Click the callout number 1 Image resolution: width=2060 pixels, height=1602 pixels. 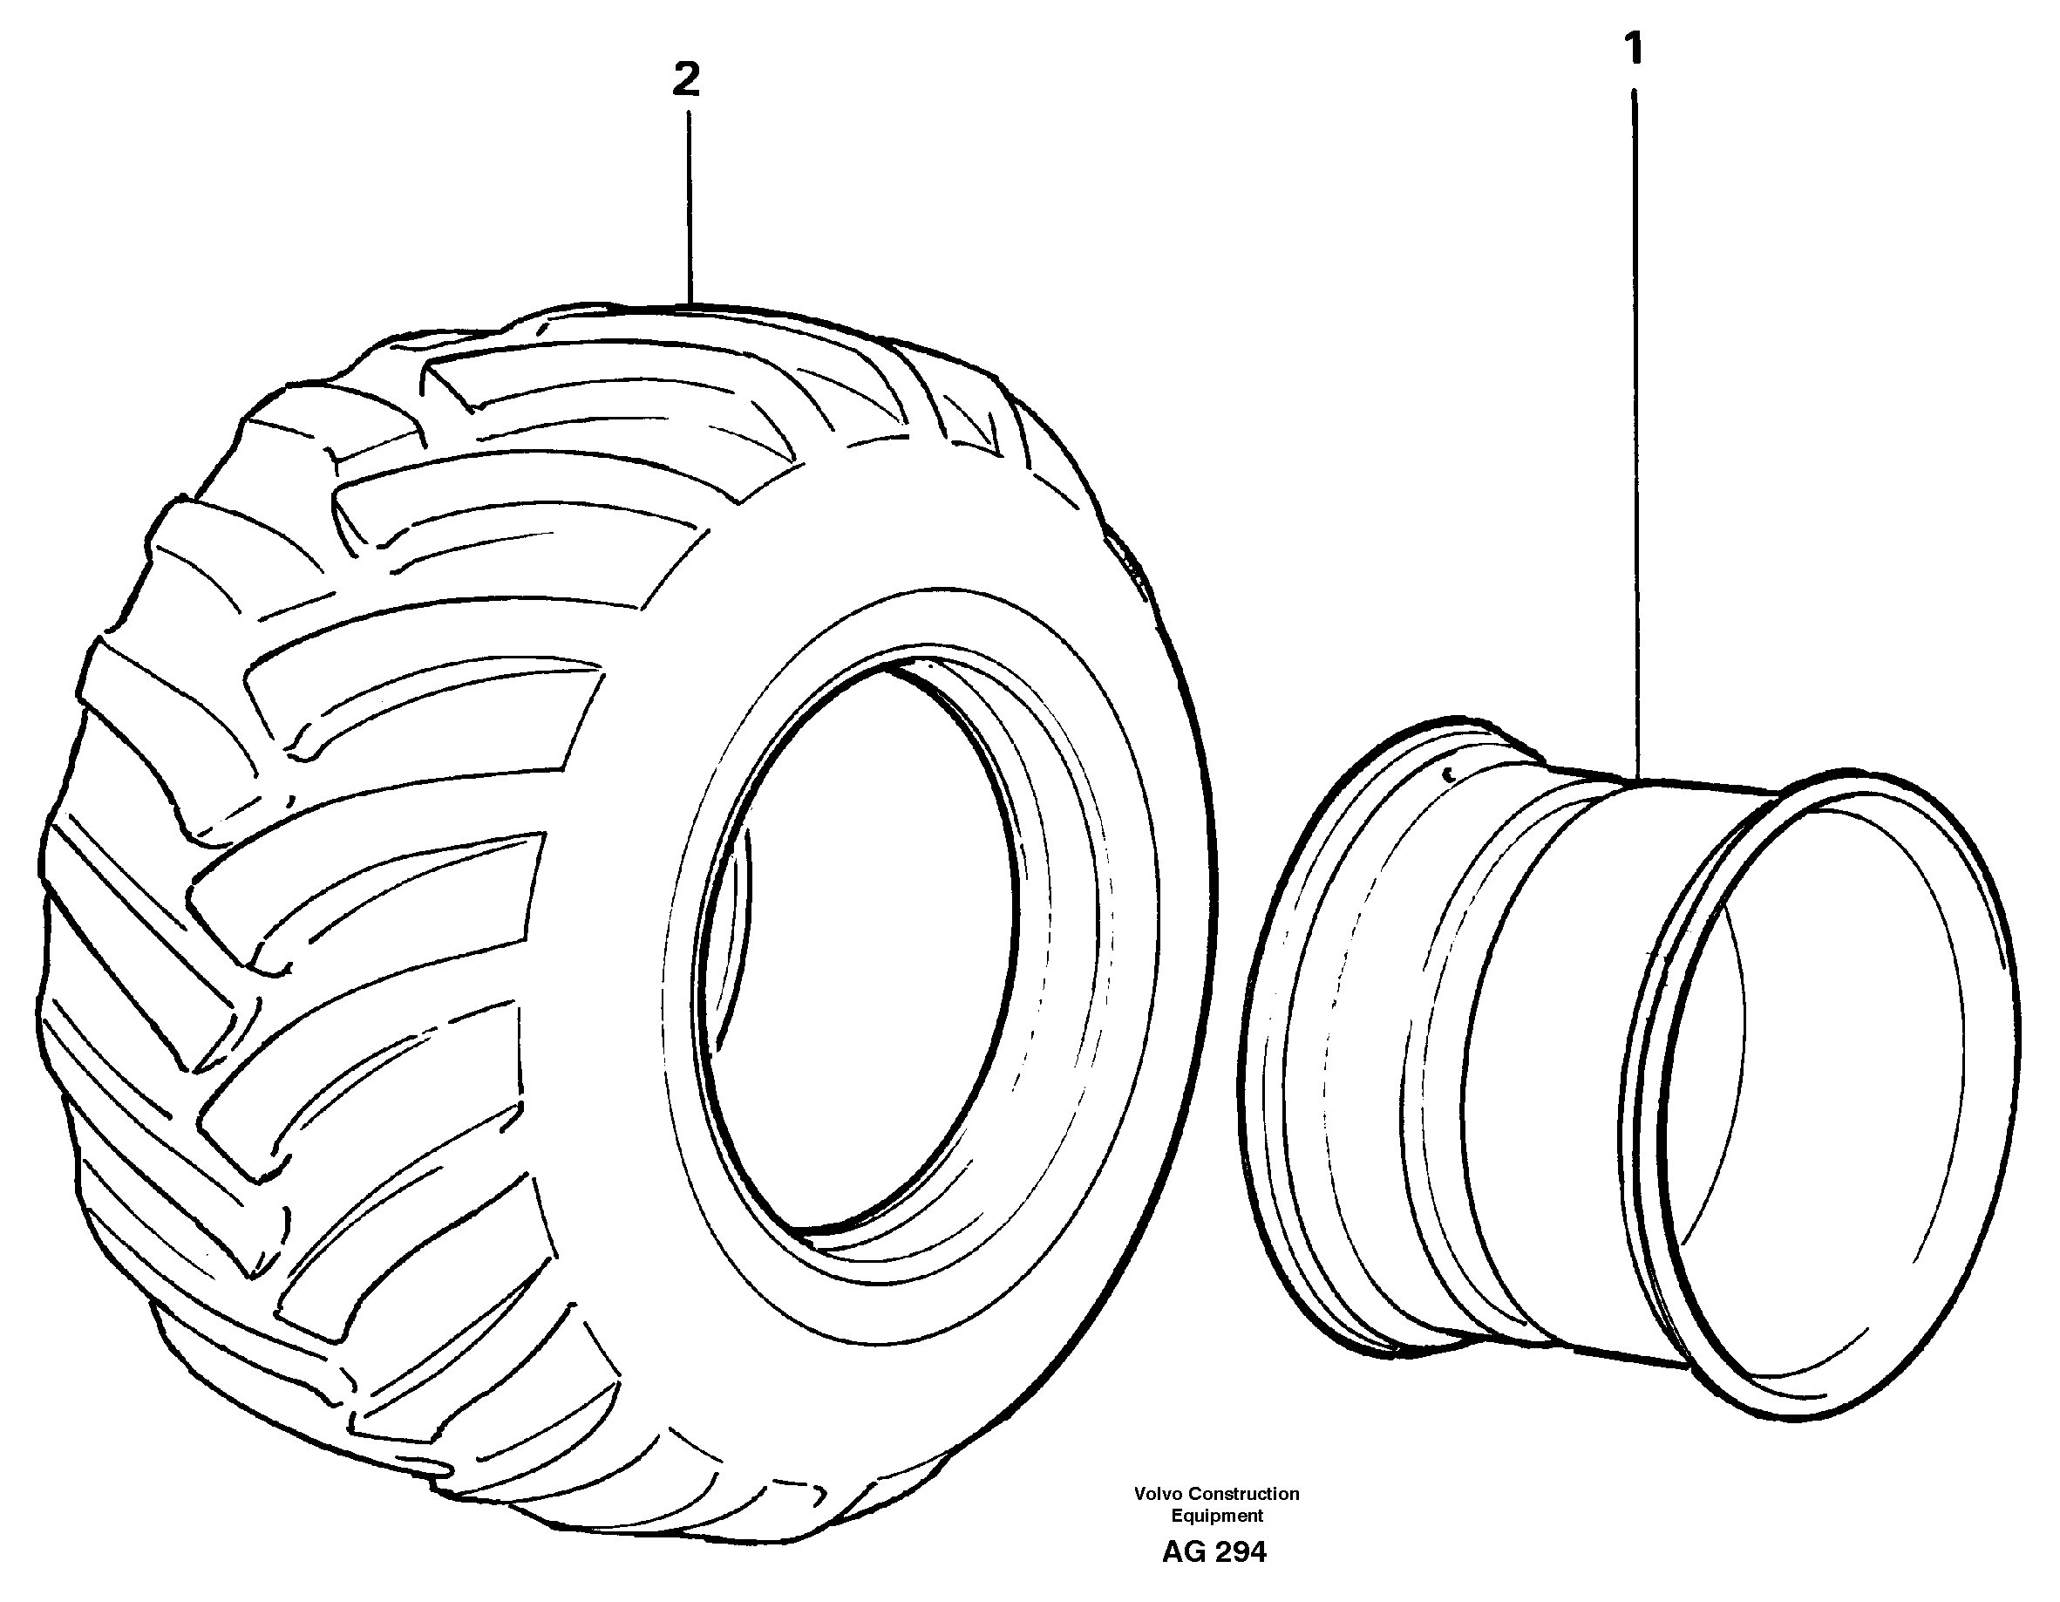point(1635,49)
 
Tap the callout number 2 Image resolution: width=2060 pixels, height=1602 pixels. point(686,80)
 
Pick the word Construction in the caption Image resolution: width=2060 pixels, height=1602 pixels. point(1244,1494)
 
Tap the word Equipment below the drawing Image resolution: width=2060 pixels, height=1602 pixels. point(1217,1515)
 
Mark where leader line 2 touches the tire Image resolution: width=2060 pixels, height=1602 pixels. point(690,303)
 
